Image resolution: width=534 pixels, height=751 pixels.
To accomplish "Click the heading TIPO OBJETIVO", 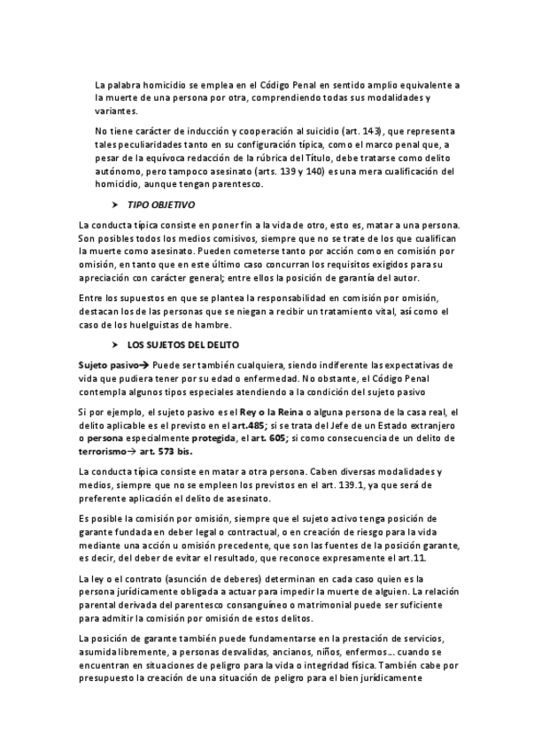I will [x=161, y=204].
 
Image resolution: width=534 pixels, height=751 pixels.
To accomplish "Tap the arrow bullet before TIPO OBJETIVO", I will [x=115, y=204].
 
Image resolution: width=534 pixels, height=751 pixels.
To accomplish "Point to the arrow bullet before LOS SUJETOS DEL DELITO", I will [x=115, y=345].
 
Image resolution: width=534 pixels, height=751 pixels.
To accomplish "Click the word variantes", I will [x=115, y=112].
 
